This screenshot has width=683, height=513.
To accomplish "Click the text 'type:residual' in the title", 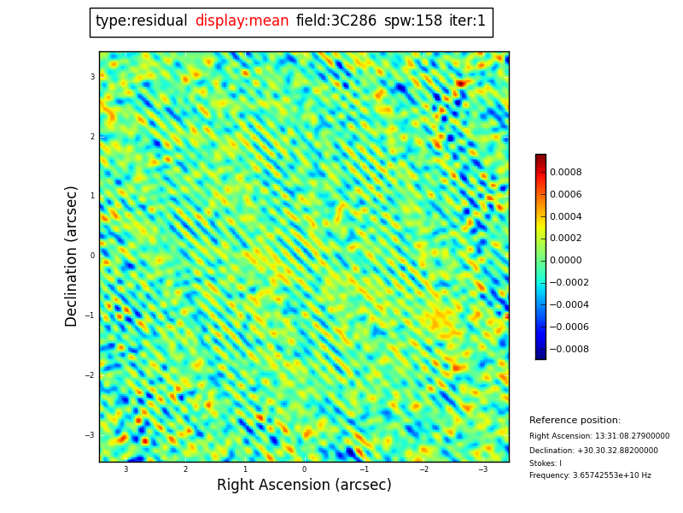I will (x=142, y=21).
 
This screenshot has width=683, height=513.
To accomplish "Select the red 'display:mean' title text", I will (x=242, y=21).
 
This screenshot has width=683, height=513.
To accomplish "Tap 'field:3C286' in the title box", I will (x=336, y=21).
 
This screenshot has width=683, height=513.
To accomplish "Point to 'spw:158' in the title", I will (x=413, y=21).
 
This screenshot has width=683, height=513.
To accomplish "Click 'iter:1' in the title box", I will (x=467, y=21).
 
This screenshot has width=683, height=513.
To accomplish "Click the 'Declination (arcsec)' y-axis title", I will (x=72, y=256).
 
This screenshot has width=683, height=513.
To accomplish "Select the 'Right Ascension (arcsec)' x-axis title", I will (x=304, y=486).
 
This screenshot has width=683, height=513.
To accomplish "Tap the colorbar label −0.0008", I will (x=569, y=350).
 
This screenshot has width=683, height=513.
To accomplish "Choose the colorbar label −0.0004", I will (x=569, y=305).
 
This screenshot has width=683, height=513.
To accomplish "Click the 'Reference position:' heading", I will (x=575, y=421).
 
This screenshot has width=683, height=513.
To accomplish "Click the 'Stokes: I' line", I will (x=546, y=463).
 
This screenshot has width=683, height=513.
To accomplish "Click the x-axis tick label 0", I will (x=304, y=469).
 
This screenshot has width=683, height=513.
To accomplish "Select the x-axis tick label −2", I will (x=423, y=469).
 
